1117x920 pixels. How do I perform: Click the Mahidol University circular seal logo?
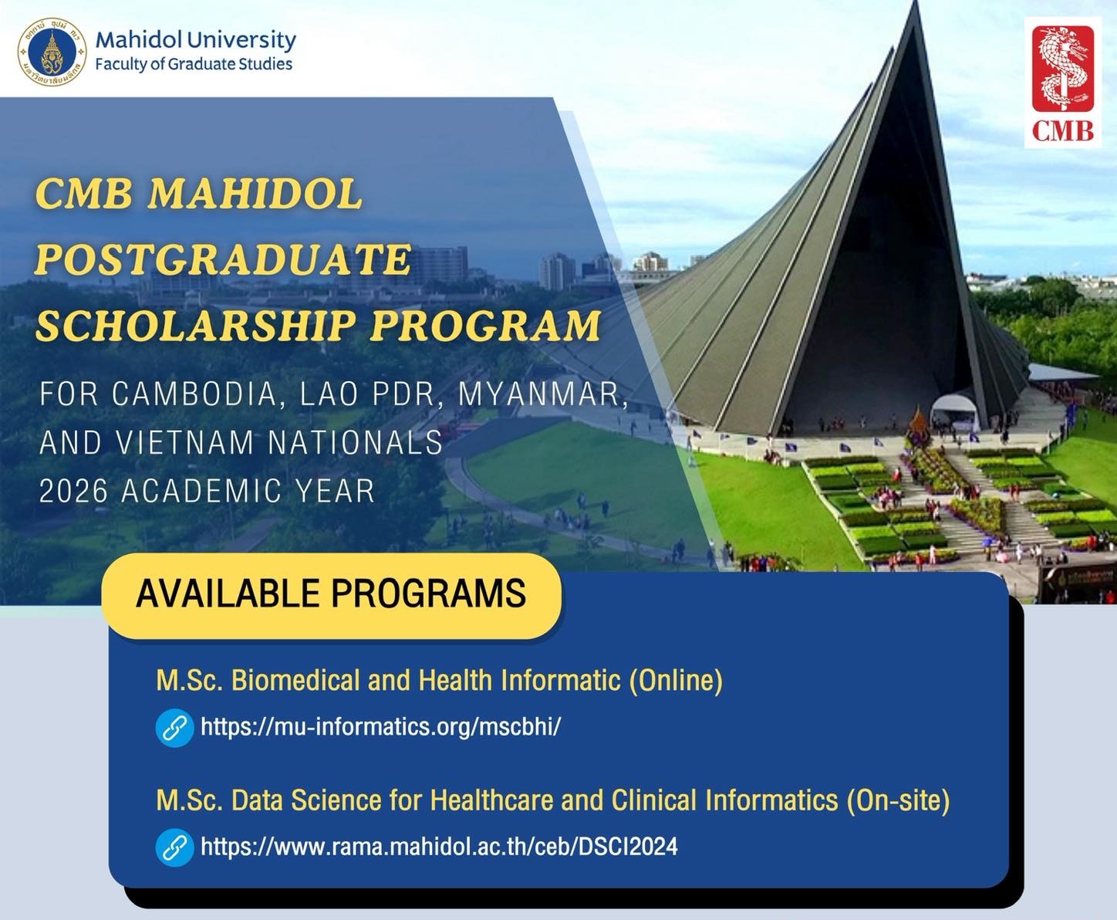(52, 52)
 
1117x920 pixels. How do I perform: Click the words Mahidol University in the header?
(195, 39)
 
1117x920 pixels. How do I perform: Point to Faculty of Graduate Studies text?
(194, 64)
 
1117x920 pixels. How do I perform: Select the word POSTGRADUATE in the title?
(223, 259)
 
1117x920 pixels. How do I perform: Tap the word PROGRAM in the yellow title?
(485, 326)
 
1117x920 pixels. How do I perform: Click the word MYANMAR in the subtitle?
(539, 394)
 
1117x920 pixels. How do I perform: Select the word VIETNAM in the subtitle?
(186, 443)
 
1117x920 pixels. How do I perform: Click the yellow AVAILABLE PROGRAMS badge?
(331, 594)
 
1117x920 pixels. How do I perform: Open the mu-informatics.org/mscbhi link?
(380, 727)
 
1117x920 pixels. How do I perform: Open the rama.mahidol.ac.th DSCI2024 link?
(439, 847)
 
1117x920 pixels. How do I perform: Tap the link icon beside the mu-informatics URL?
(174, 727)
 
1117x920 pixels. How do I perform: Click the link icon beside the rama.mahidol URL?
(174, 847)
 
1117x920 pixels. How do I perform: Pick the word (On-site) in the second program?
(898, 800)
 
